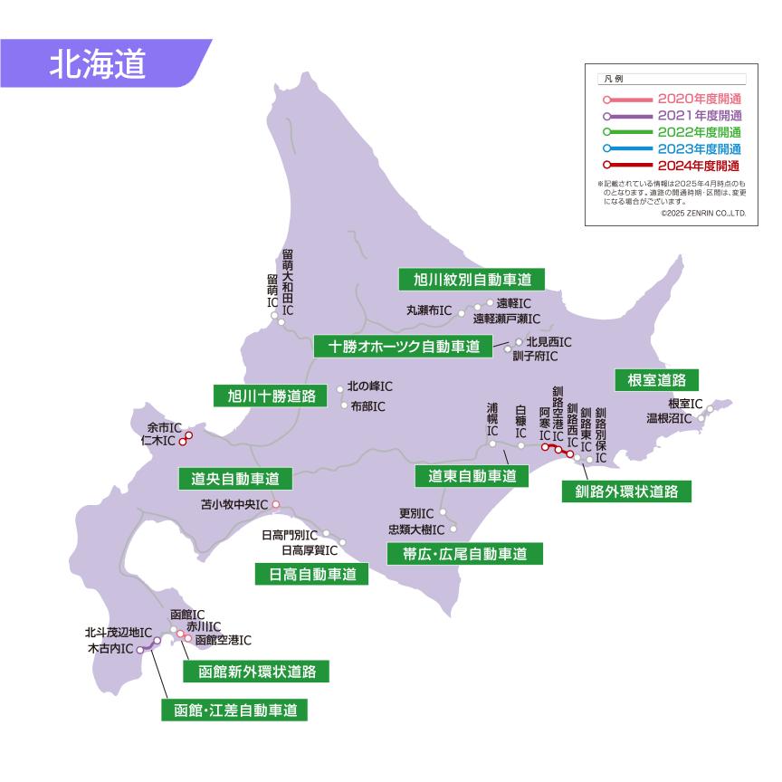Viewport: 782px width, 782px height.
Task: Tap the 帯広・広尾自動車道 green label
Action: click(x=464, y=552)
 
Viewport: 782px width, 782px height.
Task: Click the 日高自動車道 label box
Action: click(x=312, y=574)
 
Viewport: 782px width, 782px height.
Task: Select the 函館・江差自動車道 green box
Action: click(x=234, y=710)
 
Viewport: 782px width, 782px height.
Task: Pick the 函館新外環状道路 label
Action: click(x=255, y=672)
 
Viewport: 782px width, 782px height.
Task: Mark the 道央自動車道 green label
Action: click(x=235, y=477)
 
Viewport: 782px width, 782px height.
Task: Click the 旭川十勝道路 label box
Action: click(x=272, y=396)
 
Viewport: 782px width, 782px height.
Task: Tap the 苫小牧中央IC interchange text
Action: click(x=234, y=505)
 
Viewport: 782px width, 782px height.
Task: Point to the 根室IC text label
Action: click(x=685, y=404)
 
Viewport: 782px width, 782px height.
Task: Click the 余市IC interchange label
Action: click(x=164, y=426)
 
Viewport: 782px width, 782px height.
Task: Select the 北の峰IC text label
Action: click(x=369, y=386)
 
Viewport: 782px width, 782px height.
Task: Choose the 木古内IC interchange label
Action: click(x=110, y=649)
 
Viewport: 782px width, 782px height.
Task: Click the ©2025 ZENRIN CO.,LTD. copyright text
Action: click(x=702, y=215)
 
